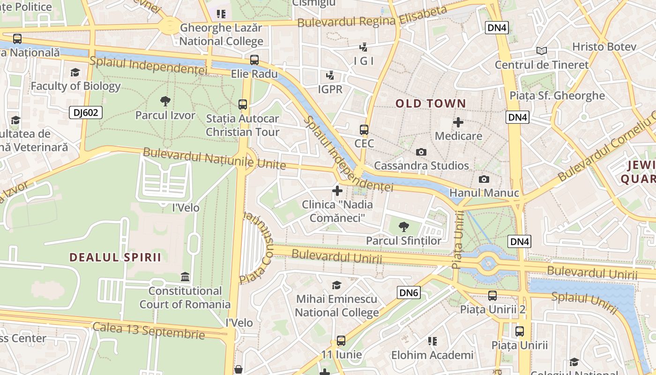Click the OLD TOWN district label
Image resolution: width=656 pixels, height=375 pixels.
[431, 104]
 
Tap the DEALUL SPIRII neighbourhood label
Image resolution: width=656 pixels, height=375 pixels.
[115, 257]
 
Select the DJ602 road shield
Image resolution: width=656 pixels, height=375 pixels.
[86, 112]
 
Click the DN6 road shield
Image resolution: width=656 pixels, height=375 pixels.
[409, 293]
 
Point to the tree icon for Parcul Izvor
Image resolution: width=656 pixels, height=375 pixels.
[165, 101]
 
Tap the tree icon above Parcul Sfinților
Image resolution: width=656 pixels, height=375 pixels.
[403, 227]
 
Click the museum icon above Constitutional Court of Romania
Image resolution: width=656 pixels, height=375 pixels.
[185, 277]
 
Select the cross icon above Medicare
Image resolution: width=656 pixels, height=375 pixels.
[458, 123]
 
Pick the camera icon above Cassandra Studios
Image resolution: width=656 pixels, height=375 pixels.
[421, 152]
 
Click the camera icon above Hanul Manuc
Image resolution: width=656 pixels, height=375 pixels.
[484, 179]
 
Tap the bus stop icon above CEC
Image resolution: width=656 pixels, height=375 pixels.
[364, 130]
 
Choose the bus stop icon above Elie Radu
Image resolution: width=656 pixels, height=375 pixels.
[254, 60]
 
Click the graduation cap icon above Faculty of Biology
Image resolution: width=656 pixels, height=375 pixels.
[75, 72]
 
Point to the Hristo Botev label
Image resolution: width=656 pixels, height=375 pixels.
[604, 47]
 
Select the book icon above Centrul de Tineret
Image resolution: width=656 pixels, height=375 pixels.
[541, 51]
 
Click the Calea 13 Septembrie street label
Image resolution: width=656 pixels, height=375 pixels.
[149, 330]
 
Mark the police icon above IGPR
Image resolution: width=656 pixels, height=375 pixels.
[330, 75]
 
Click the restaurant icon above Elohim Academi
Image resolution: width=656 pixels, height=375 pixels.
[432, 341]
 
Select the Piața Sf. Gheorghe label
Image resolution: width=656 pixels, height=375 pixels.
[557, 96]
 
